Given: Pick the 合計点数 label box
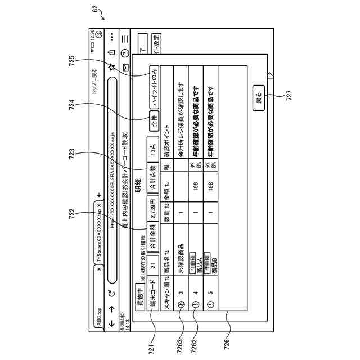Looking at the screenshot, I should pos(153,176).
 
